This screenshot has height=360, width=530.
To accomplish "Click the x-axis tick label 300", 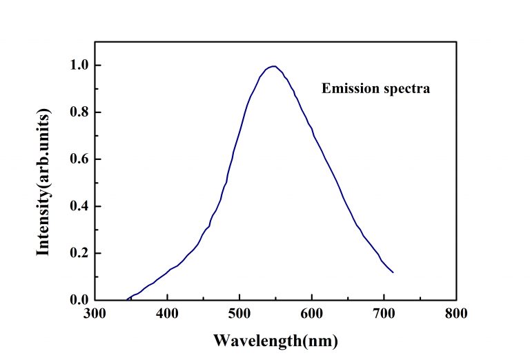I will [x=95, y=314].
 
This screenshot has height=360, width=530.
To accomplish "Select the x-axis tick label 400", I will [x=167, y=314].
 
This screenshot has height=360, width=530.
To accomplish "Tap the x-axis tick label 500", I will [x=239, y=314].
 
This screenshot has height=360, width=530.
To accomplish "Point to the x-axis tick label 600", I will [x=312, y=314].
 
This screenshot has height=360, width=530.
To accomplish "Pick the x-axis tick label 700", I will [x=384, y=314].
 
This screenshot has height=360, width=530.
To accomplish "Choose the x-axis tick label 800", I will [x=456, y=314].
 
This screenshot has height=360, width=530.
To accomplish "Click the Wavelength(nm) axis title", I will [x=275, y=340].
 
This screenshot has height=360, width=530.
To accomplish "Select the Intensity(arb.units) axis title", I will [x=43, y=182].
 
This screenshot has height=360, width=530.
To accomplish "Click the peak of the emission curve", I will [x=275, y=66].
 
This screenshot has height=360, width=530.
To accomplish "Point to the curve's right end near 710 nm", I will [x=393, y=272].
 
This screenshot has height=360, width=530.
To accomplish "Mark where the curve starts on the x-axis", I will [x=128, y=299].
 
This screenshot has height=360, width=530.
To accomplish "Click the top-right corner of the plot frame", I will [x=456, y=42].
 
